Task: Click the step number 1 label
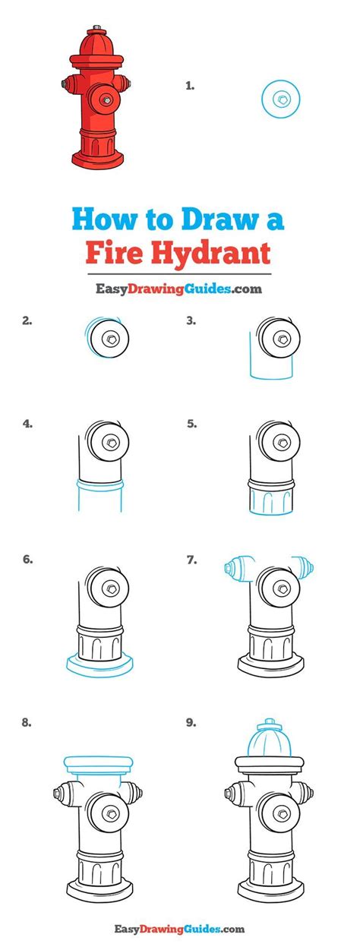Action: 190,86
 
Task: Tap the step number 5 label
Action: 191,423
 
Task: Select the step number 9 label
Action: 191,722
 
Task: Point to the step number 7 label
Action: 191,560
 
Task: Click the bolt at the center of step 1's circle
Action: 281,99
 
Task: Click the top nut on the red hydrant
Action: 96,28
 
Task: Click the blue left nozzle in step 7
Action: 238,568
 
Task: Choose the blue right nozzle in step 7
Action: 303,567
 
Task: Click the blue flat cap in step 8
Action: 99,764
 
